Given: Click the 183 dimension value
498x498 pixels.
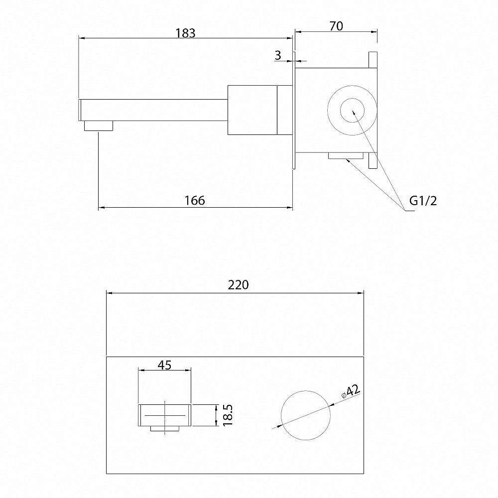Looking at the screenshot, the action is click(x=186, y=33).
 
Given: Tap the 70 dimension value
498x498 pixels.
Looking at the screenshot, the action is click(x=336, y=26).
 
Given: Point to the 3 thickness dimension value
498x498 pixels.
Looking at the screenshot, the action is click(x=278, y=55).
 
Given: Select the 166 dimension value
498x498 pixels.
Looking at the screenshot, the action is click(x=195, y=200).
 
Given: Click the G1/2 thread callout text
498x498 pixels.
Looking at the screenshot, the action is click(x=423, y=201).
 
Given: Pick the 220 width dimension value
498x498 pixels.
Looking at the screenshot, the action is click(x=238, y=285).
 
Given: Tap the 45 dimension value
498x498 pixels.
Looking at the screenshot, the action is click(x=164, y=365).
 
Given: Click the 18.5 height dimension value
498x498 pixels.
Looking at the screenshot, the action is click(x=228, y=415).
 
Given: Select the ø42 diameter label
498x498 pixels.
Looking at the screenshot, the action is click(x=351, y=391).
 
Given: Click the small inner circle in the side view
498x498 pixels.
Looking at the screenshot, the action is click(x=353, y=99).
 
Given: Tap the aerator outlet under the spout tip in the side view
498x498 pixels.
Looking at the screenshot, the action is click(x=99, y=126).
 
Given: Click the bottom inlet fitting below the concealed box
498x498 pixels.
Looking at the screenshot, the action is click(x=346, y=155).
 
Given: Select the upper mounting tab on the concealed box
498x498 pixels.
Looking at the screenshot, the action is click(x=373, y=60).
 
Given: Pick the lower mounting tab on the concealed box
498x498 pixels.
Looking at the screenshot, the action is click(x=373, y=160).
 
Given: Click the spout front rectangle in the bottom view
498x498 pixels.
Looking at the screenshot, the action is click(x=164, y=415).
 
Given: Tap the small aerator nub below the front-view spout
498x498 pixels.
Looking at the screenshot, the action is click(x=165, y=428).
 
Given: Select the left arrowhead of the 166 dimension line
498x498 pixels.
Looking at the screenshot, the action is click(x=101, y=208).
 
